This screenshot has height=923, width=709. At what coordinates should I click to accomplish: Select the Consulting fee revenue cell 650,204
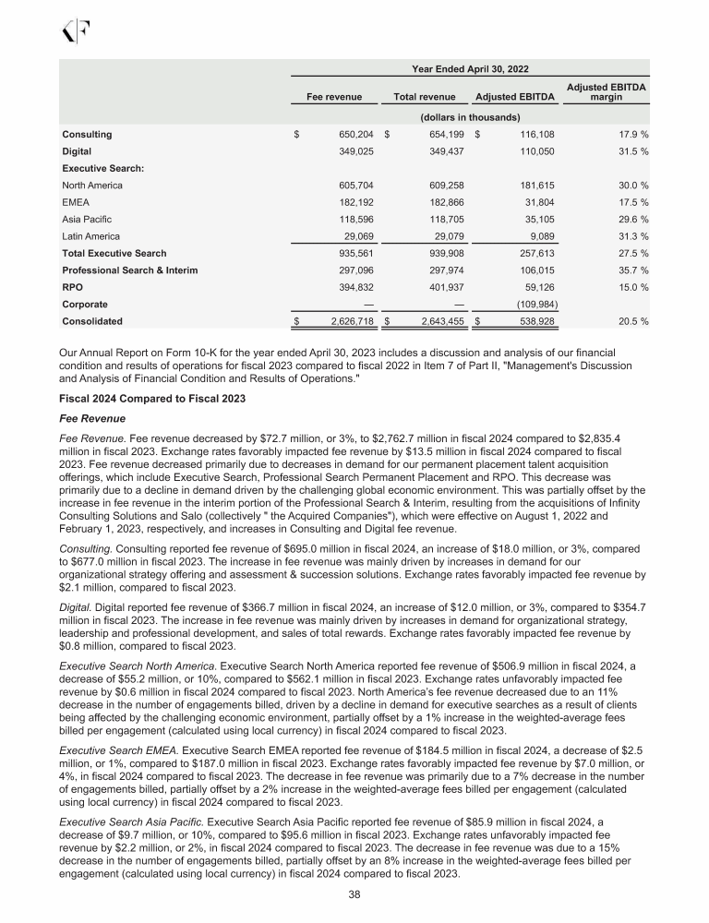point(346,134)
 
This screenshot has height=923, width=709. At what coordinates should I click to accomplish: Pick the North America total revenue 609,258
point(437,186)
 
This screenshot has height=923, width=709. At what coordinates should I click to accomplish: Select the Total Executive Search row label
point(114,253)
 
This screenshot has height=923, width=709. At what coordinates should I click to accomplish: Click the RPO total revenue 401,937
point(437,287)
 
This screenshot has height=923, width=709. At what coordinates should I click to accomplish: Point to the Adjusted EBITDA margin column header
point(606,90)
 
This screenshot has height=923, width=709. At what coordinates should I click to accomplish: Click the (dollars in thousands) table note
point(470,117)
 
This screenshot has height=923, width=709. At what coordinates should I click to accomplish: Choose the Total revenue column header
point(425,96)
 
